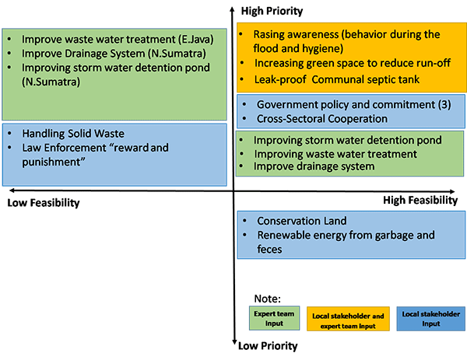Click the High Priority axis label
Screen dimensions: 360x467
[x=272, y=11]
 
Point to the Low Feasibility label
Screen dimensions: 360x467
[x=44, y=203]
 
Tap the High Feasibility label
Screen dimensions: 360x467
[x=420, y=200]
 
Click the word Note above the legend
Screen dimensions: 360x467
[x=269, y=298]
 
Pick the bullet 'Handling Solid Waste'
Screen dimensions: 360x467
[x=73, y=134]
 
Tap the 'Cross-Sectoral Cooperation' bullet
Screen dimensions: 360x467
[x=321, y=119]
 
